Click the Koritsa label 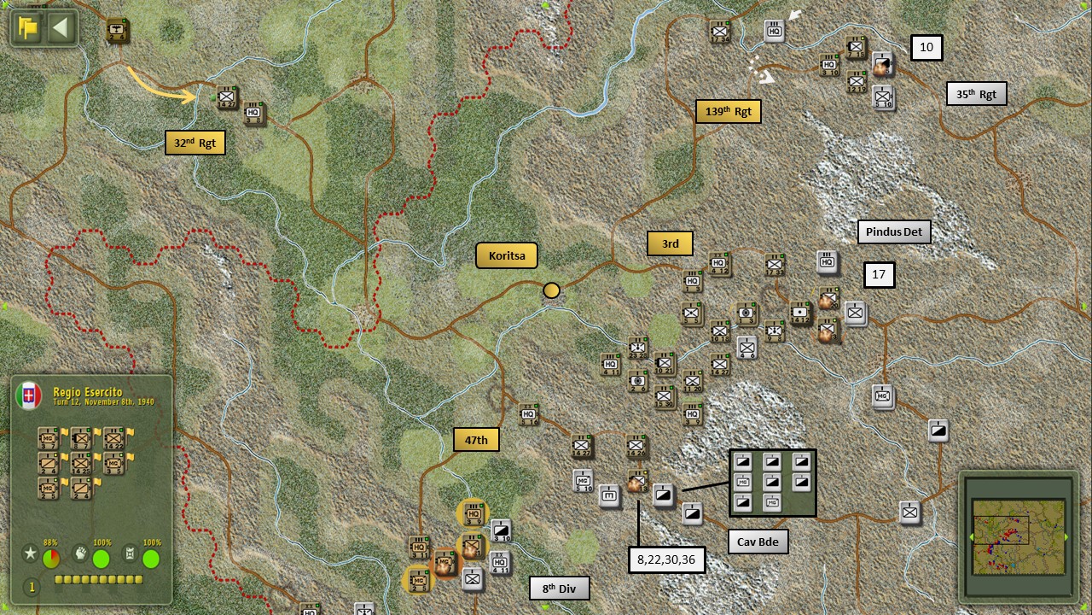507,255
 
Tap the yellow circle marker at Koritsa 552,290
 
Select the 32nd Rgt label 195,143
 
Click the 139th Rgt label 728,111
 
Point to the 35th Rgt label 976,93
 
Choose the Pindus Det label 893,231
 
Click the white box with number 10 926,48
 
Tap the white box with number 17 879,274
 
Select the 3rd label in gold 670,243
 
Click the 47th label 476,439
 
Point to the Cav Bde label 758,542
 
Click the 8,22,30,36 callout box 666,559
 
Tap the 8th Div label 559,588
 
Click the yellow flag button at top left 29,28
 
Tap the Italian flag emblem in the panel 29,395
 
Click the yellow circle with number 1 32,587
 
